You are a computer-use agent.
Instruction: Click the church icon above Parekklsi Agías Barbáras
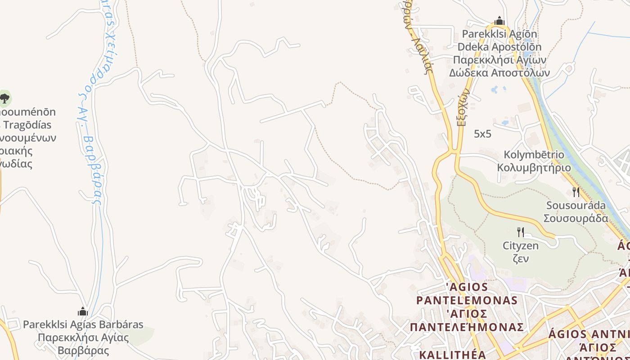pos(83,311)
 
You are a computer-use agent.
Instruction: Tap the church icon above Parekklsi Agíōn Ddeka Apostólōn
pos(499,21)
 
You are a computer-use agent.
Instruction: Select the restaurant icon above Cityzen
pos(520,232)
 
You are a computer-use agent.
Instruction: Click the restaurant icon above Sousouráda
pos(576,192)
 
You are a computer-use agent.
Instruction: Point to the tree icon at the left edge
pos(4,98)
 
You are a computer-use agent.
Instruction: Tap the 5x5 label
pos(482,134)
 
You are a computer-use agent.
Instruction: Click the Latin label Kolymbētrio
pos(534,155)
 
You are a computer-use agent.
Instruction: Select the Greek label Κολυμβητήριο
pos(534,168)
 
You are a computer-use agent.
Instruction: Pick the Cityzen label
pos(520,246)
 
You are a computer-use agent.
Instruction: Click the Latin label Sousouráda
pos(576,206)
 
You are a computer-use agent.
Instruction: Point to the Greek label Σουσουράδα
pos(576,218)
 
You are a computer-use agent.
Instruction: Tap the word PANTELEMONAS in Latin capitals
pos(467,300)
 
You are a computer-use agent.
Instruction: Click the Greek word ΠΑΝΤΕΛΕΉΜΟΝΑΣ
pos(467,326)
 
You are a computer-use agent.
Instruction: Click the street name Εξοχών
pos(463,107)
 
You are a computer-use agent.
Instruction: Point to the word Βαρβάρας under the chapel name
pos(83,350)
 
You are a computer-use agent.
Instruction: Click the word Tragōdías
pos(28,125)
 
